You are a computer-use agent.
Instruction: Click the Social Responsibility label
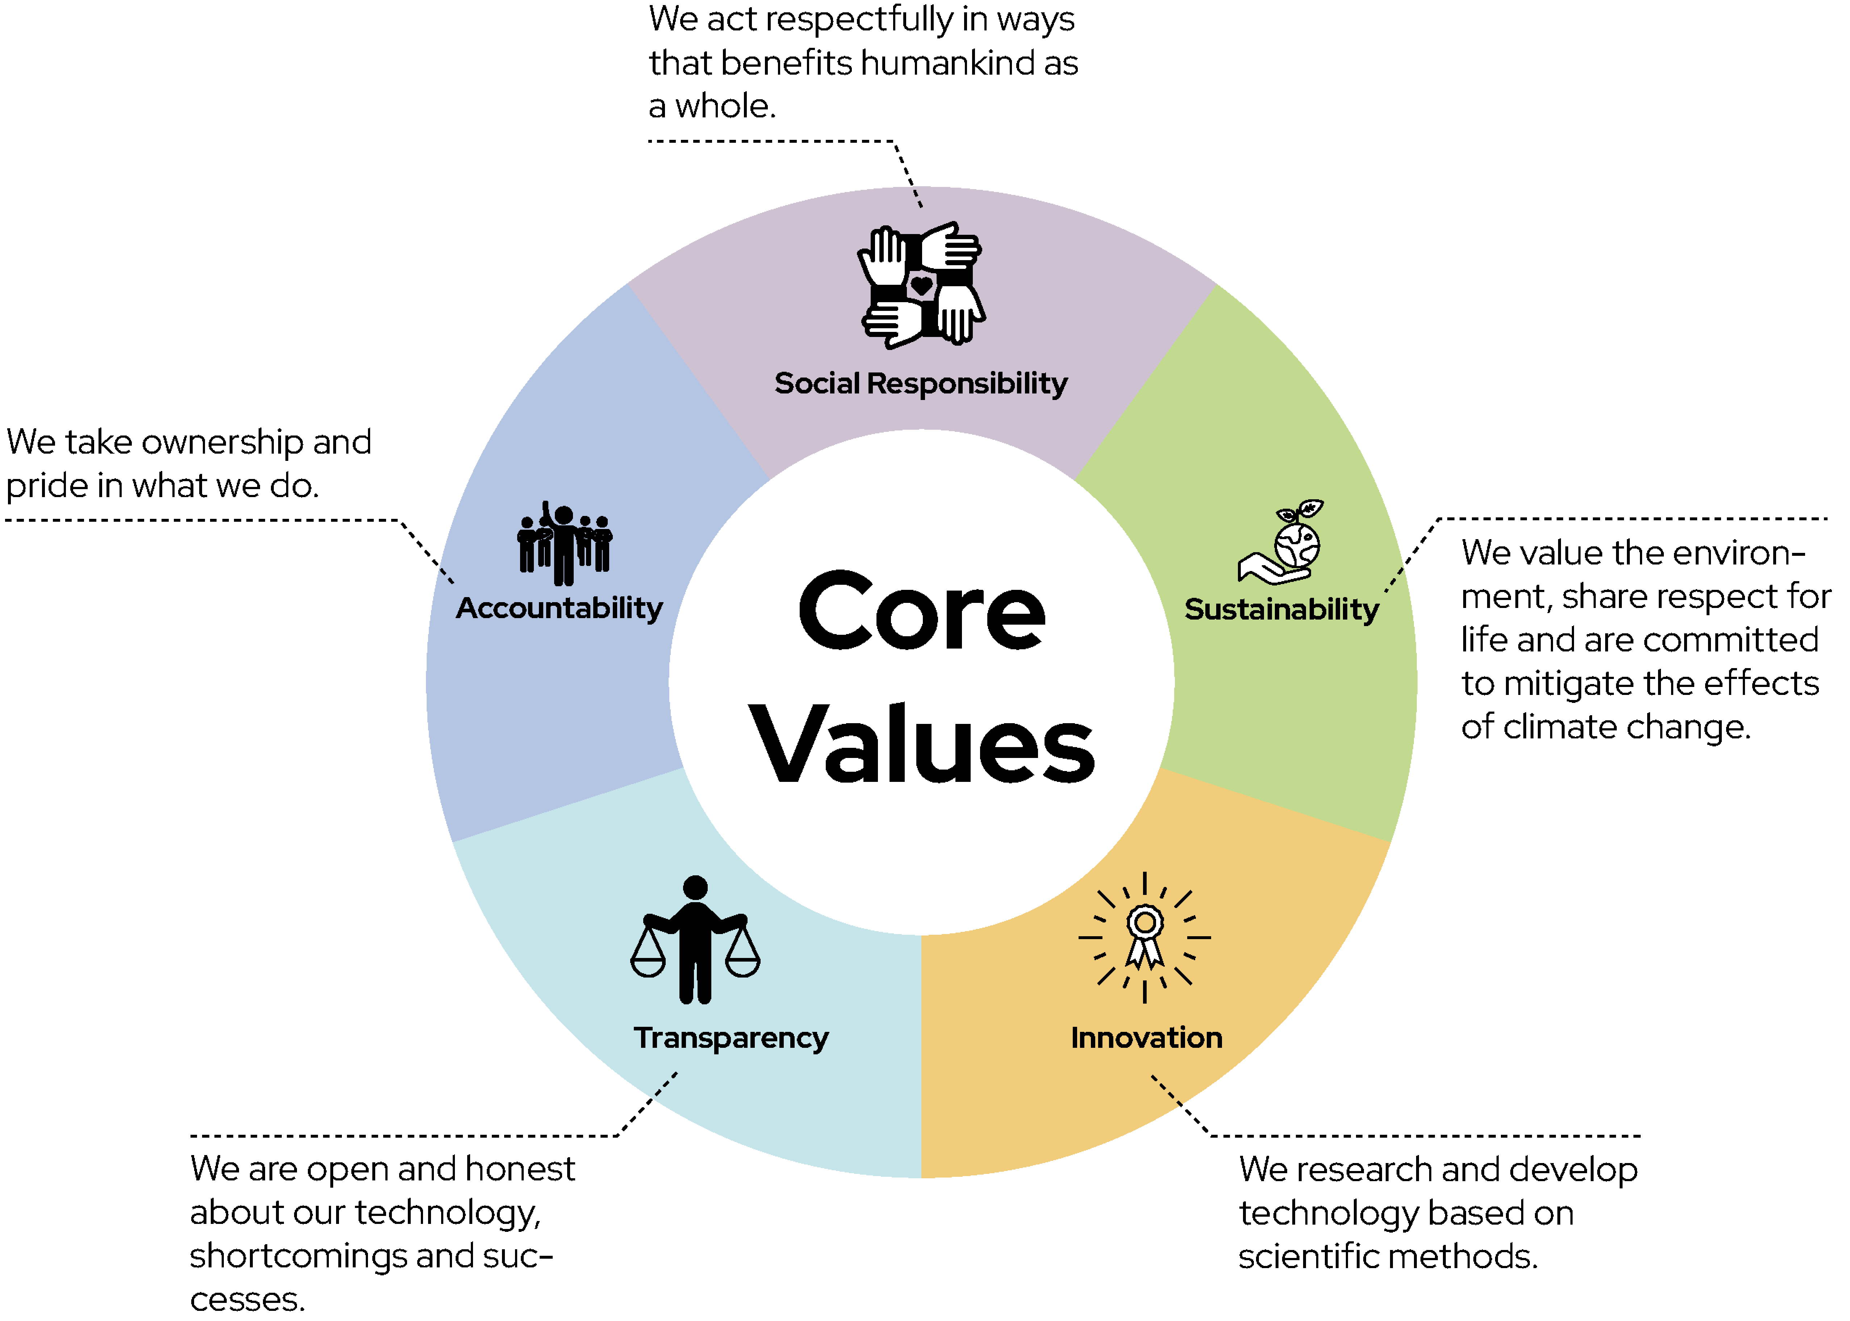pos(921,383)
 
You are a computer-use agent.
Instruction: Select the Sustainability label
pos(1282,609)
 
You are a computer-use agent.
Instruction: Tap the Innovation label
pos(1147,1038)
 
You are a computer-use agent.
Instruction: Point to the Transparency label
pos(731,1038)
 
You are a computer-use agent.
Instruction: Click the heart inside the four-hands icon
pos(921,286)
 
